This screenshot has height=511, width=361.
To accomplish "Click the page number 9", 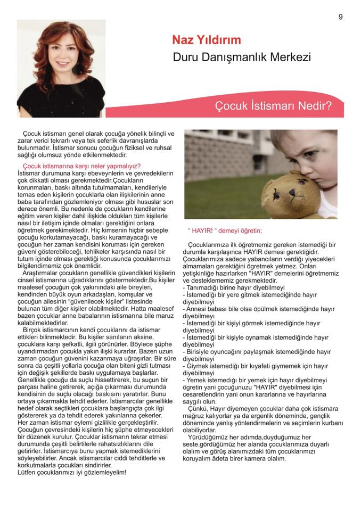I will (x=340, y=17).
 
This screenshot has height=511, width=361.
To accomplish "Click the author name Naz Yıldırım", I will (x=206, y=40).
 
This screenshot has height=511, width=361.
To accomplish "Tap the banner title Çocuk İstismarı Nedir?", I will (x=273, y=105).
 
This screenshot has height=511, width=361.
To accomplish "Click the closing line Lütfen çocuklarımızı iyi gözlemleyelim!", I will (x=72, y=472).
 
